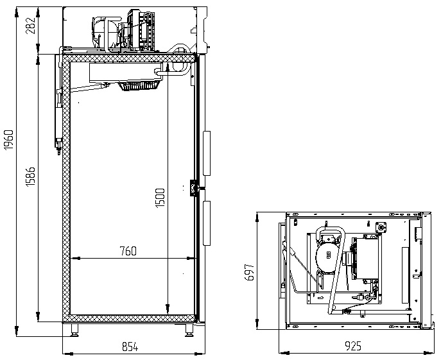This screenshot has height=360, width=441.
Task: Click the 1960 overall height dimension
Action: (x=9, y=139)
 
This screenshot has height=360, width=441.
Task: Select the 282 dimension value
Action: (x=30, y=26)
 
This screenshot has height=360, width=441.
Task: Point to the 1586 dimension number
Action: (x=30, y=176)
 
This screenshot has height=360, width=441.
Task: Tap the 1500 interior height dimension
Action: (x=160, y=198)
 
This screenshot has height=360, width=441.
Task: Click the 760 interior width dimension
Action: (x=128, y=251)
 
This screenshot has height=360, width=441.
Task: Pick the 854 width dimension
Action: (x=130, y=347)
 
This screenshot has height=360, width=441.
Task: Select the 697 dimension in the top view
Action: (x=250, y=272)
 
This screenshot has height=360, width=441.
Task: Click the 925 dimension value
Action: (x=352, y=346)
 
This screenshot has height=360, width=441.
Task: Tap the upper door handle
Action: (x=207, y=153)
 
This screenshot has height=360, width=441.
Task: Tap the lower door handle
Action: (x=207, y=223)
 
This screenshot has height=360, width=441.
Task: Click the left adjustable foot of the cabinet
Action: (x=74, y=330)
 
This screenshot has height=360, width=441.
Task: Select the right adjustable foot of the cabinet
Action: (x=189, y=330)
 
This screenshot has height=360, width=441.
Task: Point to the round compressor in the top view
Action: (x=325, y=256)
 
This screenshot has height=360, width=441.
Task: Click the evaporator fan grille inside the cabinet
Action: (x=140, y=86)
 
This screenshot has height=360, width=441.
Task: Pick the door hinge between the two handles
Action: (x=193, y=188)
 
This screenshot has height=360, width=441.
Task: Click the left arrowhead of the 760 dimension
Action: (x=74, y=258)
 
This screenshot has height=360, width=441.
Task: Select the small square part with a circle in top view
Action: (x=381, y=227)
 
